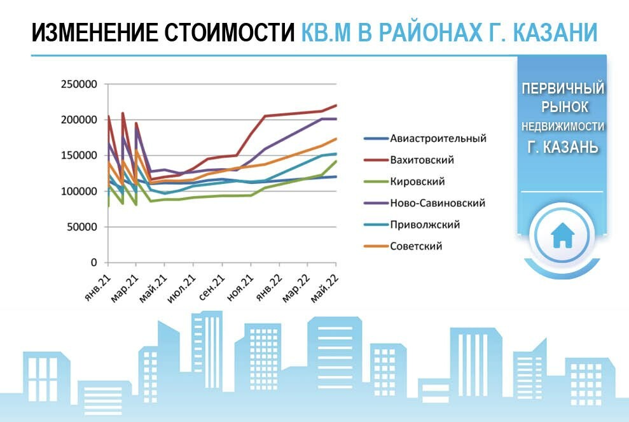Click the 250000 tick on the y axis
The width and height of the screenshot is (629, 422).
tap(79, 84)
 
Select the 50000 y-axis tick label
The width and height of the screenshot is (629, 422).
tap(82, 227)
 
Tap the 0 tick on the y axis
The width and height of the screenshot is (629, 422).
tap(94, 263)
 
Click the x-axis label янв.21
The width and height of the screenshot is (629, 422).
tap(98, 288)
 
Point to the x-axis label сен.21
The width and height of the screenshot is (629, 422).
tap(212, 288)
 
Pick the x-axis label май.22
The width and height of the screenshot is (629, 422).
tap(326, 288)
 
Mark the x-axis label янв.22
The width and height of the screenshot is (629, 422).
tap(269, 288)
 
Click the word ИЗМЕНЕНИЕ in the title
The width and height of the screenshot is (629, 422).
tap(95, 32)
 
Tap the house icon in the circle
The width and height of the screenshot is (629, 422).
tap(562, 236)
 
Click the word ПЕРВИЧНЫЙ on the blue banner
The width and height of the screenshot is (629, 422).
tap(563, 88)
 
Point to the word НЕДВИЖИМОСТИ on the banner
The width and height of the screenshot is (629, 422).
tap(563, 127)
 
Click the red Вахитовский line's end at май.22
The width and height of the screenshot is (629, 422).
tap(336, 105)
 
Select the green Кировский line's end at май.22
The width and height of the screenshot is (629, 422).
tap(336, 162)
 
